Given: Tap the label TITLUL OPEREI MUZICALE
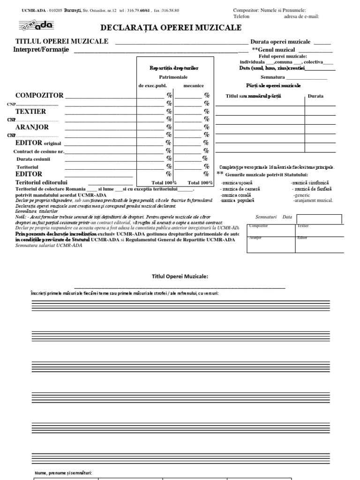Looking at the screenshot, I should coord(62,41).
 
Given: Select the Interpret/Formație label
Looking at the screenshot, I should coord(41,50).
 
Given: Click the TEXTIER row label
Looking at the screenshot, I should coord(30,112).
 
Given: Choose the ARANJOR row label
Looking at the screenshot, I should coord(32,127).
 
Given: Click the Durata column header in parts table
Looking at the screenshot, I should coord(315,96).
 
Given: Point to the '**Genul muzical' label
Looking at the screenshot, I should coord(273,50).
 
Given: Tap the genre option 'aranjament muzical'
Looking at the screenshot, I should coord(313,201).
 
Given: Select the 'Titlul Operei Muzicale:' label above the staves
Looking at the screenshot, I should coord(180,277).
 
